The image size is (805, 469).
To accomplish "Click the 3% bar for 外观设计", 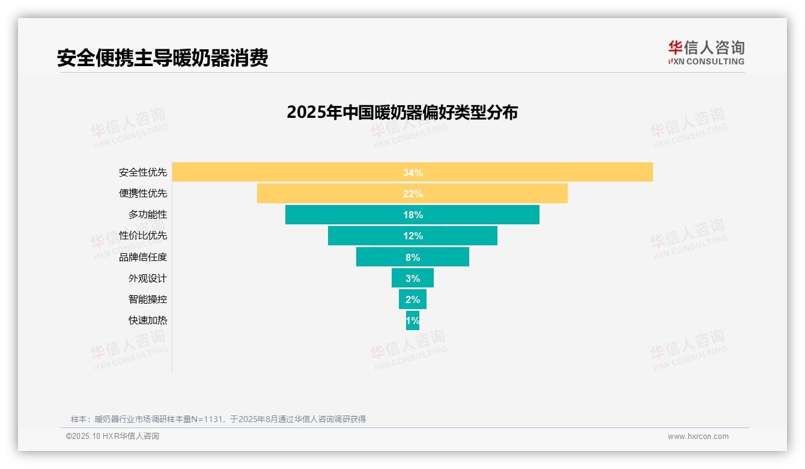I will [413, 278].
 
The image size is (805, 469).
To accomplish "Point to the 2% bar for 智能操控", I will [413, 299].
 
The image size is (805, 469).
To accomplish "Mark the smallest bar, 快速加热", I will [413, 320].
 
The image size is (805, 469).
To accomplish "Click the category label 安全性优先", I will [143, 173].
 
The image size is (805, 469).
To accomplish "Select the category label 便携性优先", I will [143, 194].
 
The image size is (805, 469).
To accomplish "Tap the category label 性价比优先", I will [143, 236].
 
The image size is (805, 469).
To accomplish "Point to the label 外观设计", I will [148, 278].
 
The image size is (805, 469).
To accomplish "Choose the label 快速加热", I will [148, 320].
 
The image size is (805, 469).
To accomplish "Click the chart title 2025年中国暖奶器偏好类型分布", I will [402, 112].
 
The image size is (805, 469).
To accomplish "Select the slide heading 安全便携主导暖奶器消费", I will [162, 58].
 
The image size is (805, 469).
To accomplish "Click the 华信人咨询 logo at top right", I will [706, 53].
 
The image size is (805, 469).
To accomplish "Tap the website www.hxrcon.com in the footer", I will [698, 437].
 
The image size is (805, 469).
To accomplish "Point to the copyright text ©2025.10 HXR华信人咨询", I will [112, 437].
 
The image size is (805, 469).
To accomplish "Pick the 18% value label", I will [413, 215].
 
